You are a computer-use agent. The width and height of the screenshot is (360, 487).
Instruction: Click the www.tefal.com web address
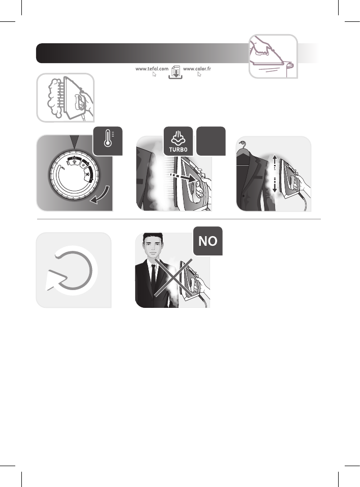tap(152, 69)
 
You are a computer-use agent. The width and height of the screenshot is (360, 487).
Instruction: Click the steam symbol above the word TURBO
tap(178, 136)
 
